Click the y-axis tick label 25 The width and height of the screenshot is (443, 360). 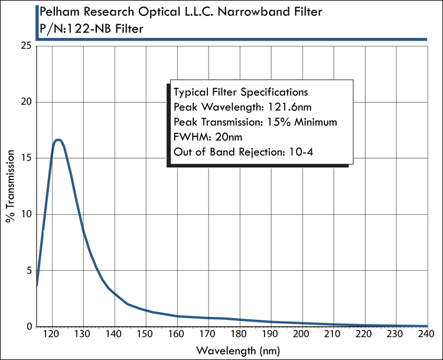click(x=25, y=45)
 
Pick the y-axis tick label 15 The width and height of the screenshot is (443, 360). click(x=25, y=158)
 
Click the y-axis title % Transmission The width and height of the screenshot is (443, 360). click(x=10, y=186)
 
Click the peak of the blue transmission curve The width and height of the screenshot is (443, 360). click(x=58, y=140)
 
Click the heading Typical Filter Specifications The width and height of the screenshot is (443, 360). click(x=240, y=92)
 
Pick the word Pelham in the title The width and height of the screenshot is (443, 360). click(x=57, y=11)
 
